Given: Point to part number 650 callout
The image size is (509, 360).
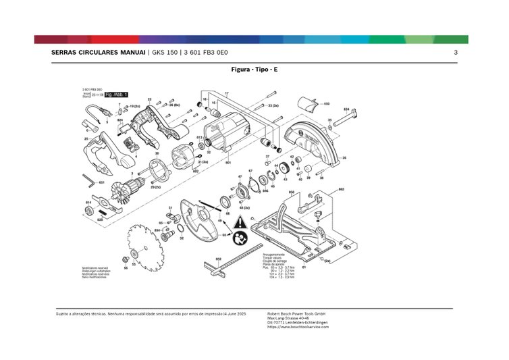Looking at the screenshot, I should (x=326, y=104).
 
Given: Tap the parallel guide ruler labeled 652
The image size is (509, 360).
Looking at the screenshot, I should (x=233, y=266).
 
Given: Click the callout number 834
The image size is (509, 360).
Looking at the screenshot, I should (x=346, y=109).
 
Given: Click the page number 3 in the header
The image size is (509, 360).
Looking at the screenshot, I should (x=456, y=53).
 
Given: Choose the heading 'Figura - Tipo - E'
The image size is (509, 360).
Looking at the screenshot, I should (x=253, y=70).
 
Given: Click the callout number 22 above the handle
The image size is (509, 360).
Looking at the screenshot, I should (x=149, y=99).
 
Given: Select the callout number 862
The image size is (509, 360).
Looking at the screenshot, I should (x=342, y=188).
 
